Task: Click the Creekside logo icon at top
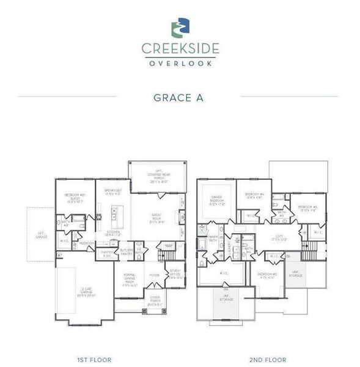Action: [x=180, y=28]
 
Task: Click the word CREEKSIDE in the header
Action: [x=180, y=48]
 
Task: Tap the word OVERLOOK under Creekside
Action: [x=180, y=62]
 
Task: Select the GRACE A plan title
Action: [x=180, y=96]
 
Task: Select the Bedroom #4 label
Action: [x=254, y=196]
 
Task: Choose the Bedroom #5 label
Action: [x=307, y=208]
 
